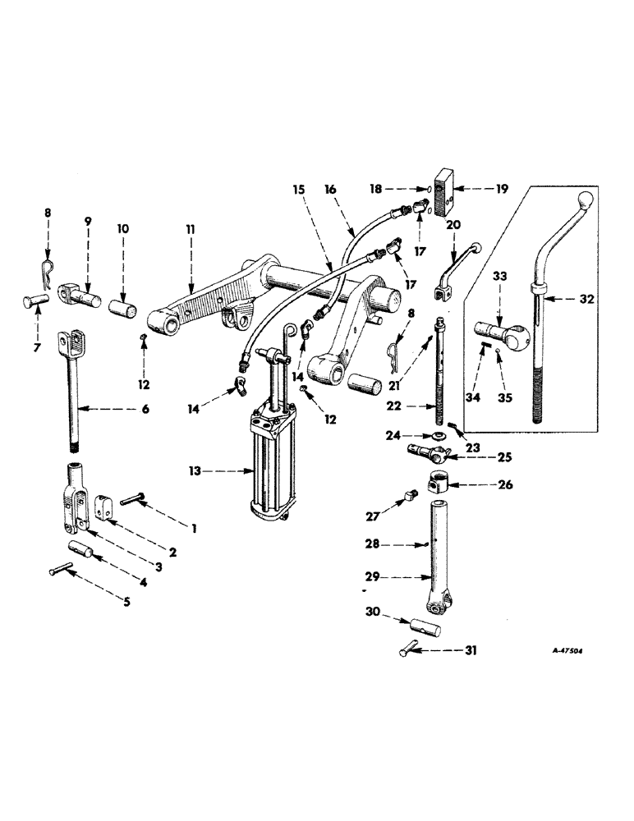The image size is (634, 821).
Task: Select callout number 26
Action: click(503, 485)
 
